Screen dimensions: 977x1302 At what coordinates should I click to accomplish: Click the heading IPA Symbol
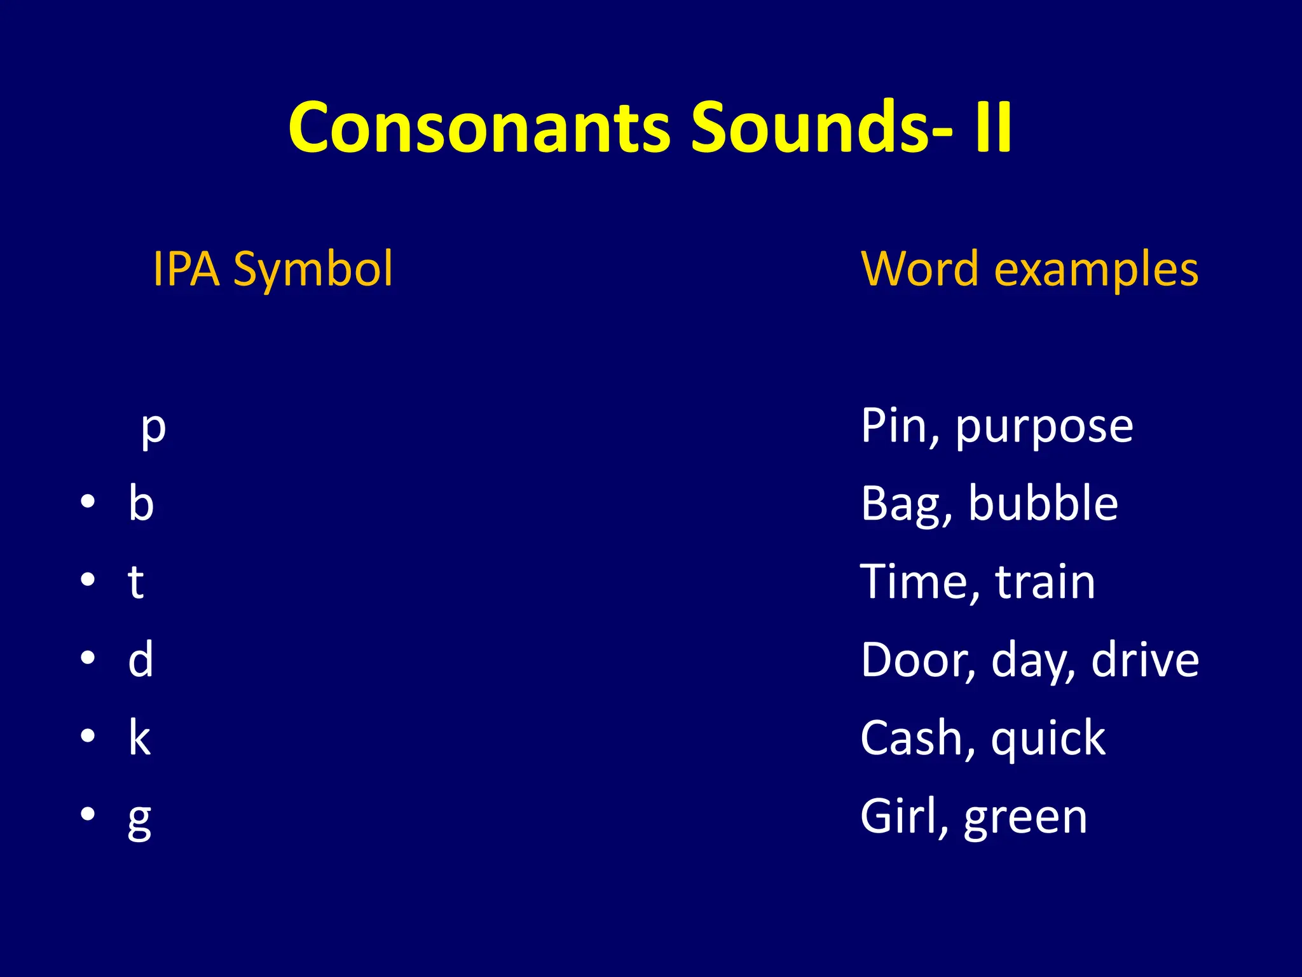273,270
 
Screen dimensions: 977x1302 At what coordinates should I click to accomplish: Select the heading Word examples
1029,270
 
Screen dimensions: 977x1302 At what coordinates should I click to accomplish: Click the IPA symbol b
141,503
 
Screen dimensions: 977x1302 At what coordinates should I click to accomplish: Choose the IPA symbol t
135,581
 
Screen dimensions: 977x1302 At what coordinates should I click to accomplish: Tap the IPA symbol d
140,660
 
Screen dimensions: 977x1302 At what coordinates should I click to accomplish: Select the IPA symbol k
139,738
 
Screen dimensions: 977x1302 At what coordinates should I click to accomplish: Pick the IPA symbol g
139,819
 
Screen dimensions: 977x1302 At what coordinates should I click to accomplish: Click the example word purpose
1044,427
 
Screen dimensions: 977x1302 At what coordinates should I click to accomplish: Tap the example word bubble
1043,503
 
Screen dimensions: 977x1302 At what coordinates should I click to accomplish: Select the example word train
1045,581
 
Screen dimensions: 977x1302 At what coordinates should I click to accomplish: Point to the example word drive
1145,660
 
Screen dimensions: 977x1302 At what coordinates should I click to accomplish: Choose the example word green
1025,818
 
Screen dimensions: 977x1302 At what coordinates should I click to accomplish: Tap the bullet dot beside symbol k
88,737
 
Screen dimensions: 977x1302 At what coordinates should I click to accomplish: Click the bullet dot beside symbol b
88,502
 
